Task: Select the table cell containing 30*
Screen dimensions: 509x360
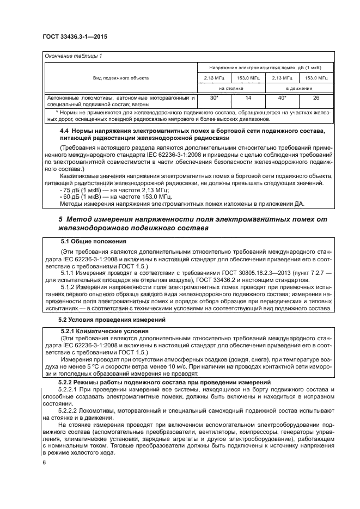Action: coord(214,97)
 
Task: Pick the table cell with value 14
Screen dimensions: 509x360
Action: coord(248,97)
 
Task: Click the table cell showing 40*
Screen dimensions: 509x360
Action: coord(282,97)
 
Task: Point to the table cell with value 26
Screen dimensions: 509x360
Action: coord(315,97)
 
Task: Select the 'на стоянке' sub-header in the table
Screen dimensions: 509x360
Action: coord(231,87)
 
